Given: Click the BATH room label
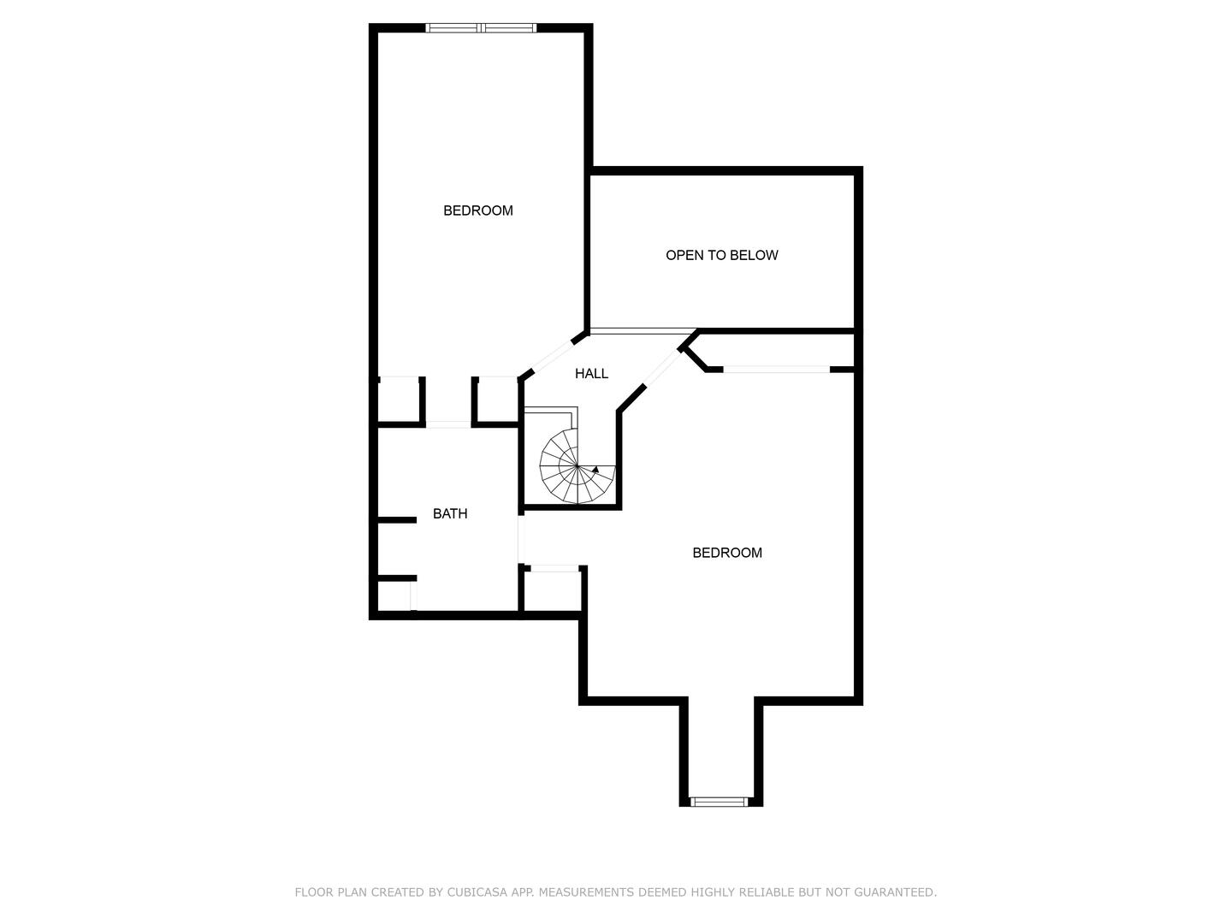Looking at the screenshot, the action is [x=449, y=513].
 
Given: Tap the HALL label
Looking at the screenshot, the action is [x=591, y=374].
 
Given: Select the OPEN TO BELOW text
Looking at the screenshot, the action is [x=721, y=255].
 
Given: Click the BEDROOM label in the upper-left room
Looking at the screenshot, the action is [x=477, y=210].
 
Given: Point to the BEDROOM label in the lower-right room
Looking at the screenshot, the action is [x=727, y=553].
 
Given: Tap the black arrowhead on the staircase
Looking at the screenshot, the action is [x=595, y=469].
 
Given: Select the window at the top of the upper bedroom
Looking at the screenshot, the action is [x=481, y=28].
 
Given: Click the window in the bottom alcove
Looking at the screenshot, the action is [x=719, y=802].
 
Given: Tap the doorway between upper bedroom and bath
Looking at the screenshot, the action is [x=448, y=424].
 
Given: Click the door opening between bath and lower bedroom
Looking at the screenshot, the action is [x=521, y=539].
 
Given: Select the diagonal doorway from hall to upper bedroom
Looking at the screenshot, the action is [x=552, y=357].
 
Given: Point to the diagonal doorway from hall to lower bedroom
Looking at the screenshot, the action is [x=662, y=368].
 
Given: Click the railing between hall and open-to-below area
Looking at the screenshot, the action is [x=643, y=332].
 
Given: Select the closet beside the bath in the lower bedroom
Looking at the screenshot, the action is [x=552, y=591].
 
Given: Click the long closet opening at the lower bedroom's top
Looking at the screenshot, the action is [x=776, y=369].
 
